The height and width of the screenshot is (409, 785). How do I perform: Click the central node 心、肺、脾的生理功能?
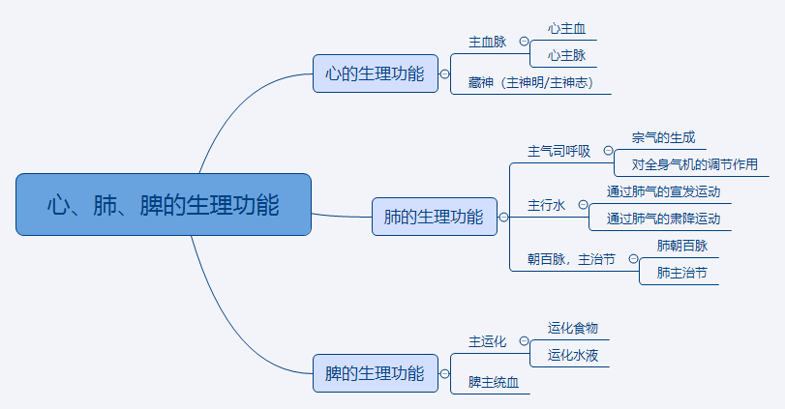tap(164, 204)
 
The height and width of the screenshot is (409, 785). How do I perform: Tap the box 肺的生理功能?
tap(435, 217)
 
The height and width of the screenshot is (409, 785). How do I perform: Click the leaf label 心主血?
tap(566, 29)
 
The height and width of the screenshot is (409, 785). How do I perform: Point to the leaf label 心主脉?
tap(566, 56)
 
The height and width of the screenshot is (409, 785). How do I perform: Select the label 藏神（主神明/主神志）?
tap(532, 83)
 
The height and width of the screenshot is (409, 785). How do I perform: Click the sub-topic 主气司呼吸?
tap(559, 151)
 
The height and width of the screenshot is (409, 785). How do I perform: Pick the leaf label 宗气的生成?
tap(663, 138)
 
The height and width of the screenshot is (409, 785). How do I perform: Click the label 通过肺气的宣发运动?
tap(663, 191)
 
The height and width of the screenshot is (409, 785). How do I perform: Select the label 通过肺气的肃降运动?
tap(663, 219)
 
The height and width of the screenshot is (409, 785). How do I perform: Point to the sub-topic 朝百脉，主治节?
tap(571, 259)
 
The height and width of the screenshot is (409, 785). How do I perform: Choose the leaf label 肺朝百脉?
tap(681, 246)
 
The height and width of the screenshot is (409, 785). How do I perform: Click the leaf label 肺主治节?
tap(681, 273)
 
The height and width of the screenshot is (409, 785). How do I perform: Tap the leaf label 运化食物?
tap(573, 328)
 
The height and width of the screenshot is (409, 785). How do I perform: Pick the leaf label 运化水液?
tap(573, 355)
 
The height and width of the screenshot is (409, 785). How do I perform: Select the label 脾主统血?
tap(494, 382)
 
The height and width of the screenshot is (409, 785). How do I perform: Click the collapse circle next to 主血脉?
tap(525, 42)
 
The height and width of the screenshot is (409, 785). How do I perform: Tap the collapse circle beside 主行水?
tap(584, 205)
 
